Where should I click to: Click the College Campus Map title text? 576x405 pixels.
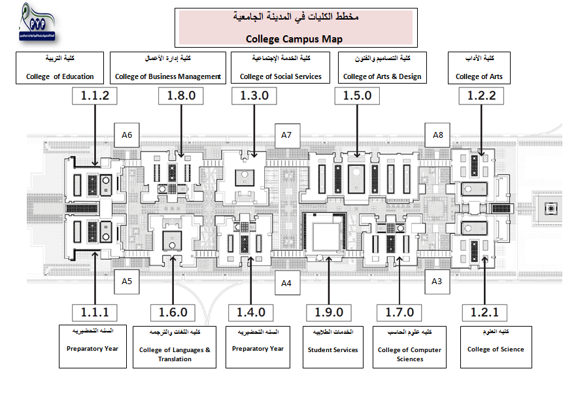pyautogui.click(x=294, y=39)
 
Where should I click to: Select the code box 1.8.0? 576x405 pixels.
pyautogui.click(x=181, y=96)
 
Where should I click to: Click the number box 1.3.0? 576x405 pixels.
pyautogui.click(x=254, y=96)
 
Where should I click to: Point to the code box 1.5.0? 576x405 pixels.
pyautogui.click(x=357, y=96)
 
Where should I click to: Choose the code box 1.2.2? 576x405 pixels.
pyautogui.click(x=482, y=96)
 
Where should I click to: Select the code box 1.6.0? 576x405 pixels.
pyautogui.click(x=173, y=312)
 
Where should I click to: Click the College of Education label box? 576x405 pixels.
pyautogui.click(x=60, y=68)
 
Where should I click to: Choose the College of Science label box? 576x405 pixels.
pyautogui.click(x=496, y=344)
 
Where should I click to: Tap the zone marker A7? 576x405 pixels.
pyautogui.click(x=286, y=135)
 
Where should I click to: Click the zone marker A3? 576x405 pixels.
pyautogui.click(x=437, y=281)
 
